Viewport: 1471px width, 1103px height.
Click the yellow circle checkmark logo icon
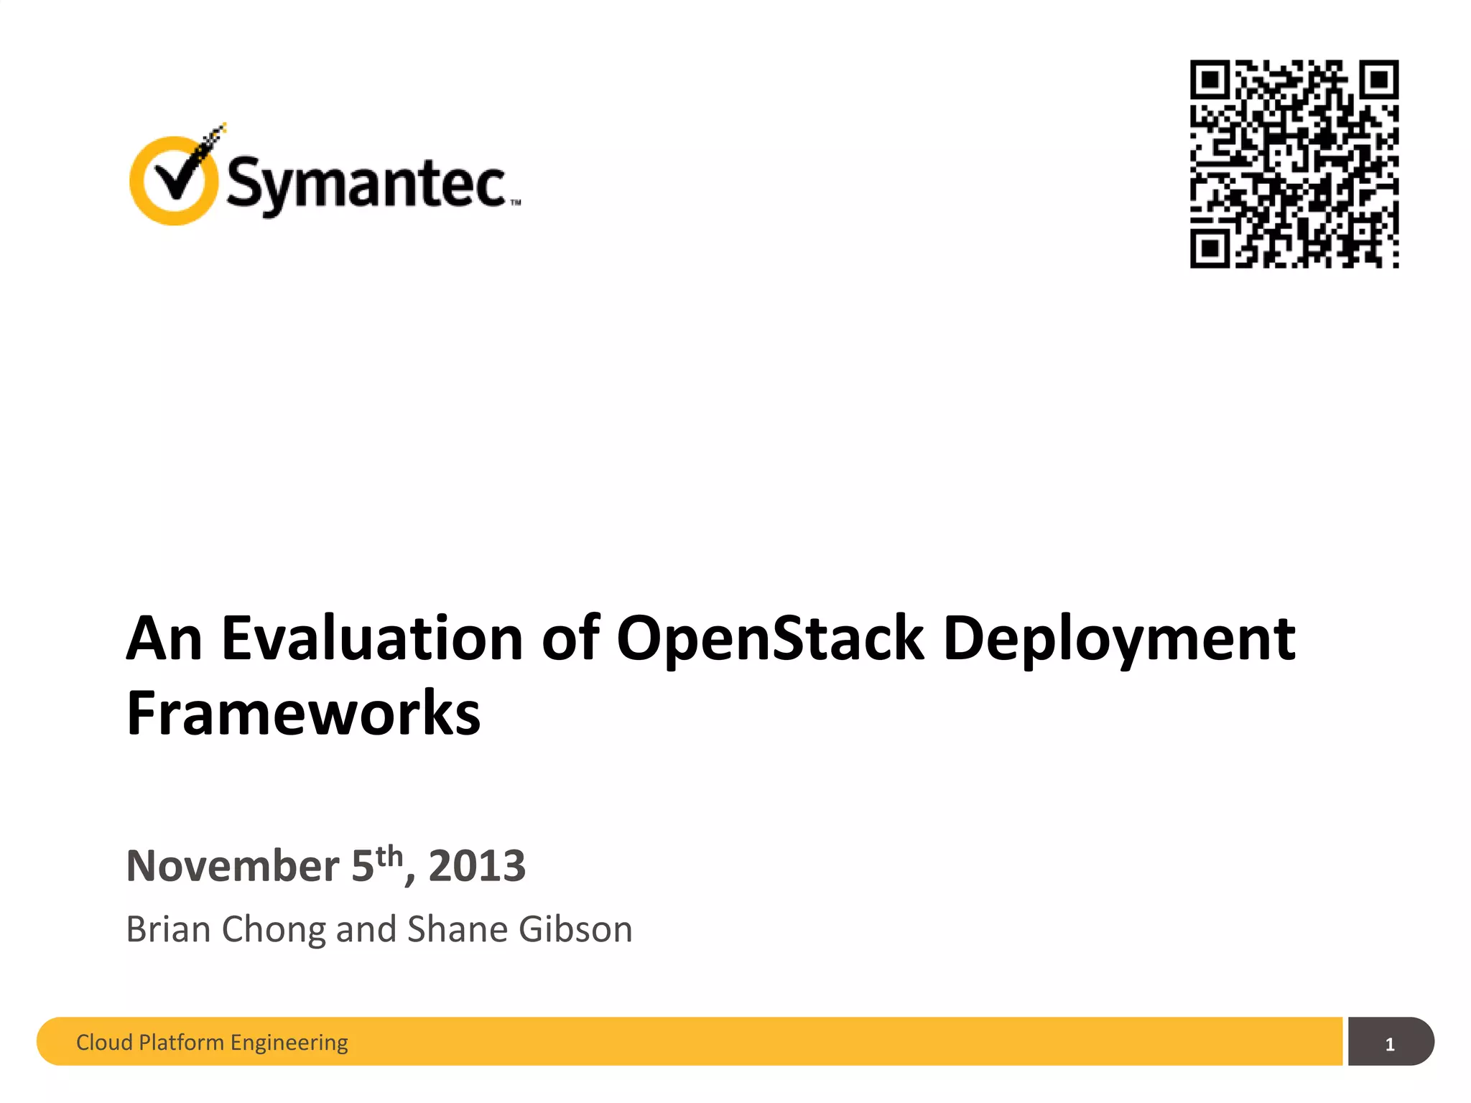click(173, 180)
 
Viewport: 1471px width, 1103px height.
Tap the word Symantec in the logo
click(366, 184)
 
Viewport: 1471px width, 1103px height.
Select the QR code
click(1294, 164)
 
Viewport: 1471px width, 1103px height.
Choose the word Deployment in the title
click(1119, 639)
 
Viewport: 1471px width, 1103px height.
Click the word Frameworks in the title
click(303, 713)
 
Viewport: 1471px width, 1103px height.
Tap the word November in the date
click(232, 865)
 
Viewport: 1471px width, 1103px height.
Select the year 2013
click(477, 865)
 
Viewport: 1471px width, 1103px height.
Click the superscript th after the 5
click(389, 855)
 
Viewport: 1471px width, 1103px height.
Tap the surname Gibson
click(575, 929)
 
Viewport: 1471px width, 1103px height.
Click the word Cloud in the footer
click(104, 1042)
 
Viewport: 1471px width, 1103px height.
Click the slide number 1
click(1390, 1044)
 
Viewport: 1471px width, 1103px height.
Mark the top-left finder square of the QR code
click(1211, 80)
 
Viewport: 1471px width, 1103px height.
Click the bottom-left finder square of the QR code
click(1211, 248)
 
